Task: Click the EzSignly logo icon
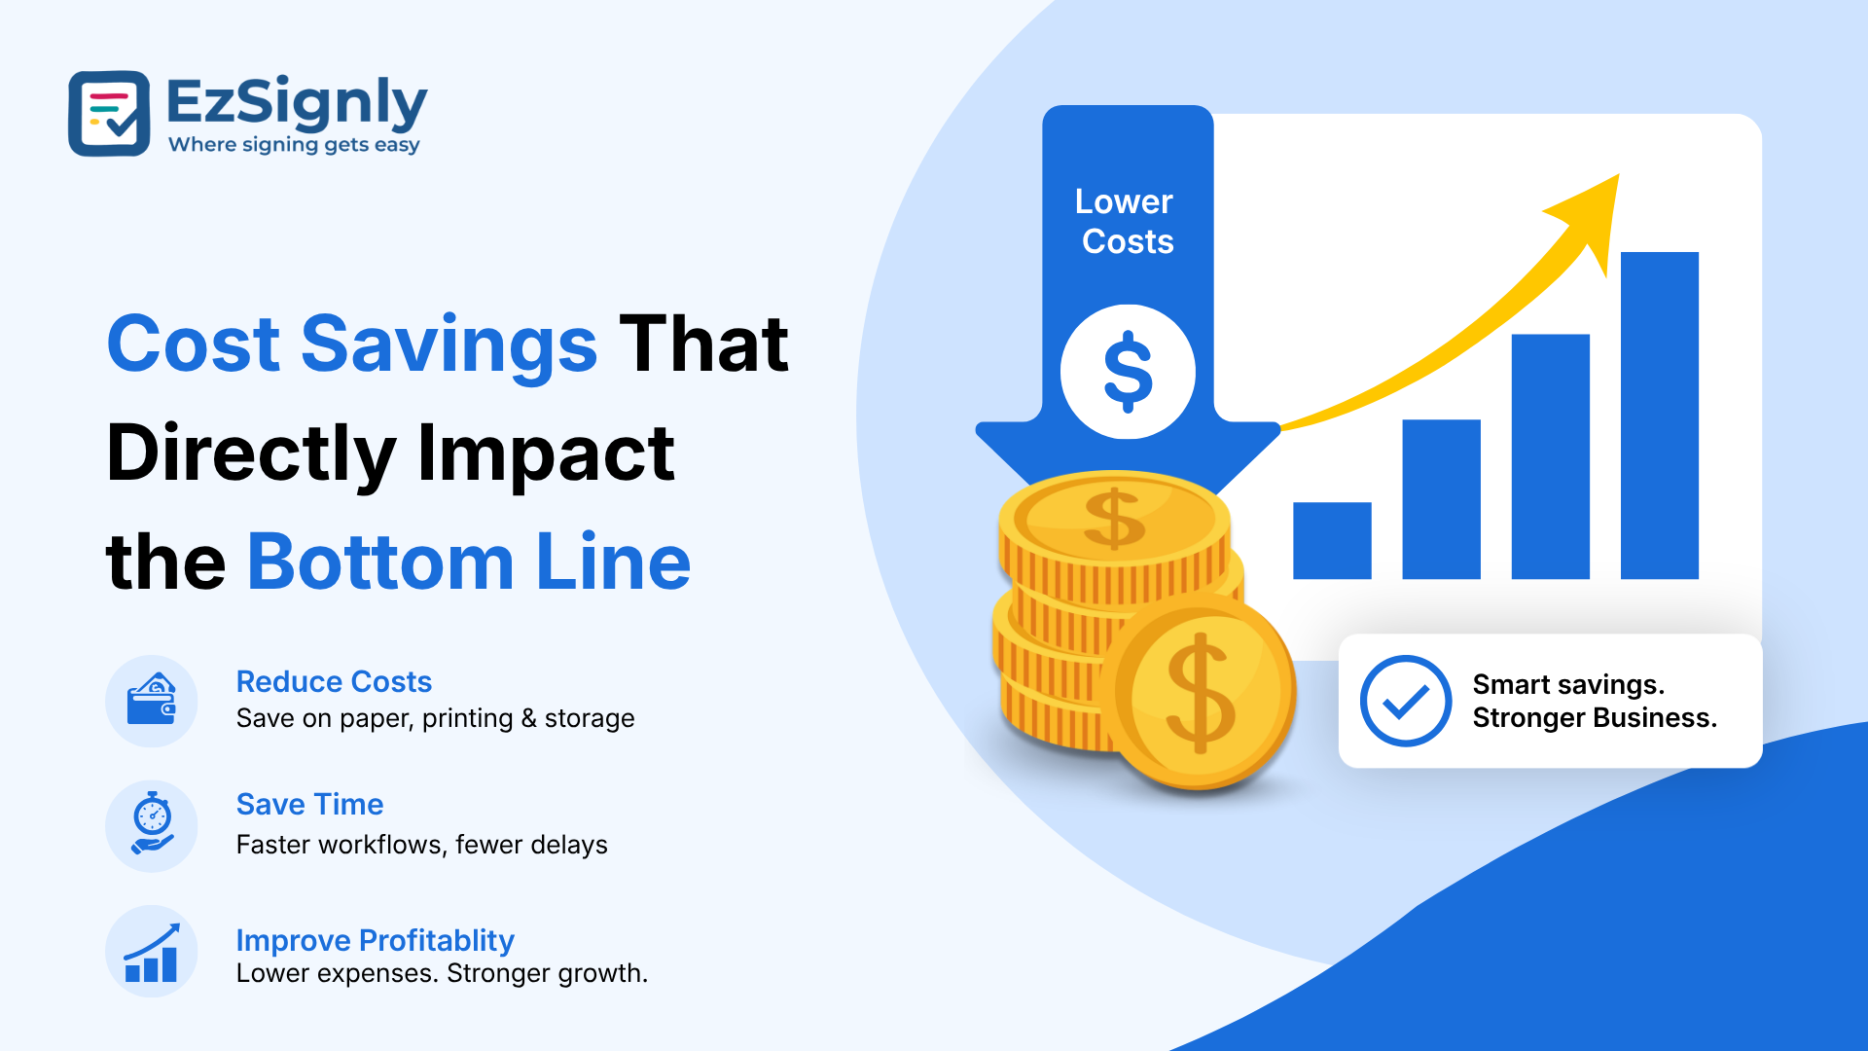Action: pyautogui.click(x=109, y=113)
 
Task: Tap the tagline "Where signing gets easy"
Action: pyautogui.click(x=294, y=145)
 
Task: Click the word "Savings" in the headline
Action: pyautogui.click(x=449, y=345)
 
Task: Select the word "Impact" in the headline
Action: pyautogui.click(x=546, y=453)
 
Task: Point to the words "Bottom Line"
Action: pyautogui.click(x=469, y=562)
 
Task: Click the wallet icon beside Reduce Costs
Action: pyautogui.click(x=151, y=701)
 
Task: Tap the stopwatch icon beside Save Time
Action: pyautogui.click(x=152, y=824)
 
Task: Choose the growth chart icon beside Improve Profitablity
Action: pyautogui.click(x=152, y=953)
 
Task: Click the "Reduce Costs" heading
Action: pyautogui.click(x=334, y=681)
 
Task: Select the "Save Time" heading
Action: pyautogui.click(x=309, y=804)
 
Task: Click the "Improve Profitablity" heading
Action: pyautogui.click(x=375, y=940)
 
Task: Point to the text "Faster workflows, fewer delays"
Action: pyautogui.click(x=421, y=844)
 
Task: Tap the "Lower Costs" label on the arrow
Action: pyautogui.click(x=1127, y=221)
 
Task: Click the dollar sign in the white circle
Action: pyautogui.click(x=1129, y=372)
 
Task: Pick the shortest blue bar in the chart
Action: pyautogui.click(x=1332, y=541)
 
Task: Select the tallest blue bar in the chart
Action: pyautogui.click(x=1660, y=416)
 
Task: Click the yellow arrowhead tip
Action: pyautogui.click(x=1618, y=175)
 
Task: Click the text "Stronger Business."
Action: pyautogui.click(x=1595, y=718)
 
